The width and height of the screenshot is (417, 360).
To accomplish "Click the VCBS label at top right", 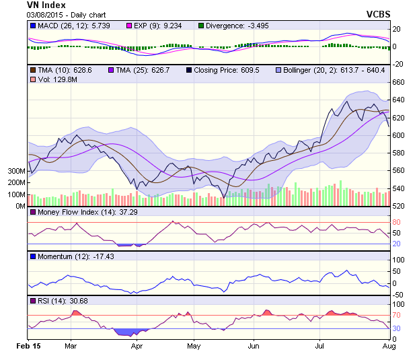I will coord(378,13).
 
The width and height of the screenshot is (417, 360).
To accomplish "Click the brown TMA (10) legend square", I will coord(33,70).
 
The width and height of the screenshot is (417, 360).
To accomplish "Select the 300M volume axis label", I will coord(16,172).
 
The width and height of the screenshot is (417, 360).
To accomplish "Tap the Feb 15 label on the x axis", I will coord(28,345).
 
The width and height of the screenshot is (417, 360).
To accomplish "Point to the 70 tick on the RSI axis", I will coord(397,315).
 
